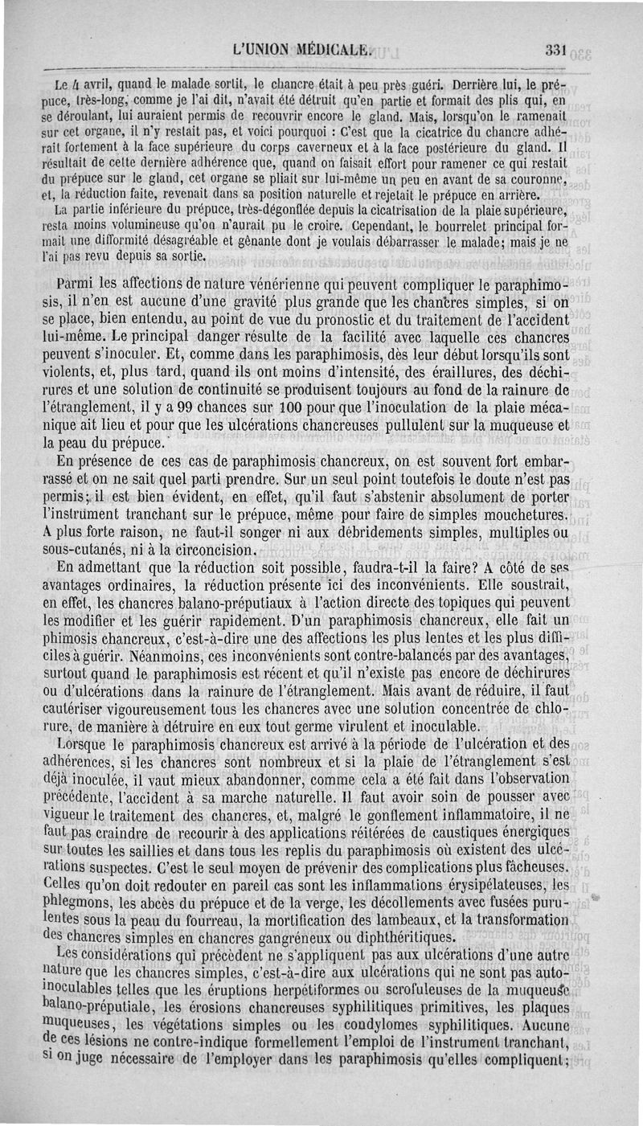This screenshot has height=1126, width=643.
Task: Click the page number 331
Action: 555,49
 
